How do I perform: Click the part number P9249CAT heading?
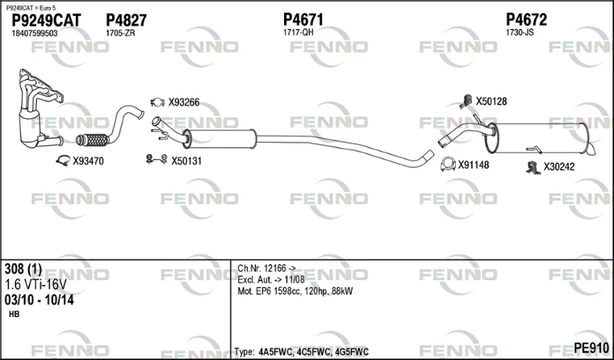[x=46, y=21]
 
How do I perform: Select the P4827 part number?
[x=126, y=21]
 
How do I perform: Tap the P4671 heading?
[x=303, y=20]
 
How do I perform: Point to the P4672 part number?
[x=527, y=20]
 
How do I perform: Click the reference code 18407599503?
[x=35, y=33]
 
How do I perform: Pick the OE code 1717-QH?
[x=298, y=32]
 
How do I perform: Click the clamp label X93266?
[x=183, y=102]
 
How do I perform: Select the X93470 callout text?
[x=88, y=161]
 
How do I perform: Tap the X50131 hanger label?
[x=186, y=161]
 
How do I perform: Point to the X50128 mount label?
[x=491, y=101]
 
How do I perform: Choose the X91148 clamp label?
[x=474, y=165]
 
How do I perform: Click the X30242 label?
[x=559, y=167]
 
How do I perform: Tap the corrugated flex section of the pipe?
[x=94, y=140]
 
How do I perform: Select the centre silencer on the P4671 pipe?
[x=220, y=139]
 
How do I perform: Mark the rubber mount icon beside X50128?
[x=467, y=101]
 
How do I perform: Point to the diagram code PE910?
[x=591, y=348]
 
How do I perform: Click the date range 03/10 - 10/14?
[x=39, y=300]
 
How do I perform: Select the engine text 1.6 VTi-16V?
[x=35, y=285]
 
